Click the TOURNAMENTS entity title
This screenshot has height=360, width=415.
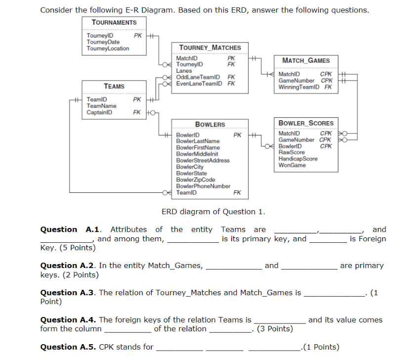click(114, 23)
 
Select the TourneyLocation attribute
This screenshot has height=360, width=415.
click(108, 48)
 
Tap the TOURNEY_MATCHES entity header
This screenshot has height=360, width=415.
click(210, 47)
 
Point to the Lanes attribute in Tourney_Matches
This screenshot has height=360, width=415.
click(184, 71)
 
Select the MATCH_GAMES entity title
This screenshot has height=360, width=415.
click(306, 60)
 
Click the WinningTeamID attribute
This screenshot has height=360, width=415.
click(299, 87)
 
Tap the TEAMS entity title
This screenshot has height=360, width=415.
click(114, 86)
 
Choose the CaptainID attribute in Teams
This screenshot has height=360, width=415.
click(99, 112)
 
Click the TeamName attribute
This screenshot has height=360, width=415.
click(101, 106)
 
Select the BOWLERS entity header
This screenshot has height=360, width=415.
click(210, 124)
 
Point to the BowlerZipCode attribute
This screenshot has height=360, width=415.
click(196, 180)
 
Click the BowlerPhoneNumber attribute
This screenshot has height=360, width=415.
click(203, 186)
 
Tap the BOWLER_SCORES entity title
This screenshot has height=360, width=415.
click(306, 123)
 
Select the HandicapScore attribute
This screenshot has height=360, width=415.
click(298, 159)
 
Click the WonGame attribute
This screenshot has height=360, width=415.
click(292, 165)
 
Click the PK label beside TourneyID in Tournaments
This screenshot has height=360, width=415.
click(138, 36)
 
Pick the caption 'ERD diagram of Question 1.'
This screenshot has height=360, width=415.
click(213, 212)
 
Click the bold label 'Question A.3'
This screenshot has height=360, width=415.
click(67, 292)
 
